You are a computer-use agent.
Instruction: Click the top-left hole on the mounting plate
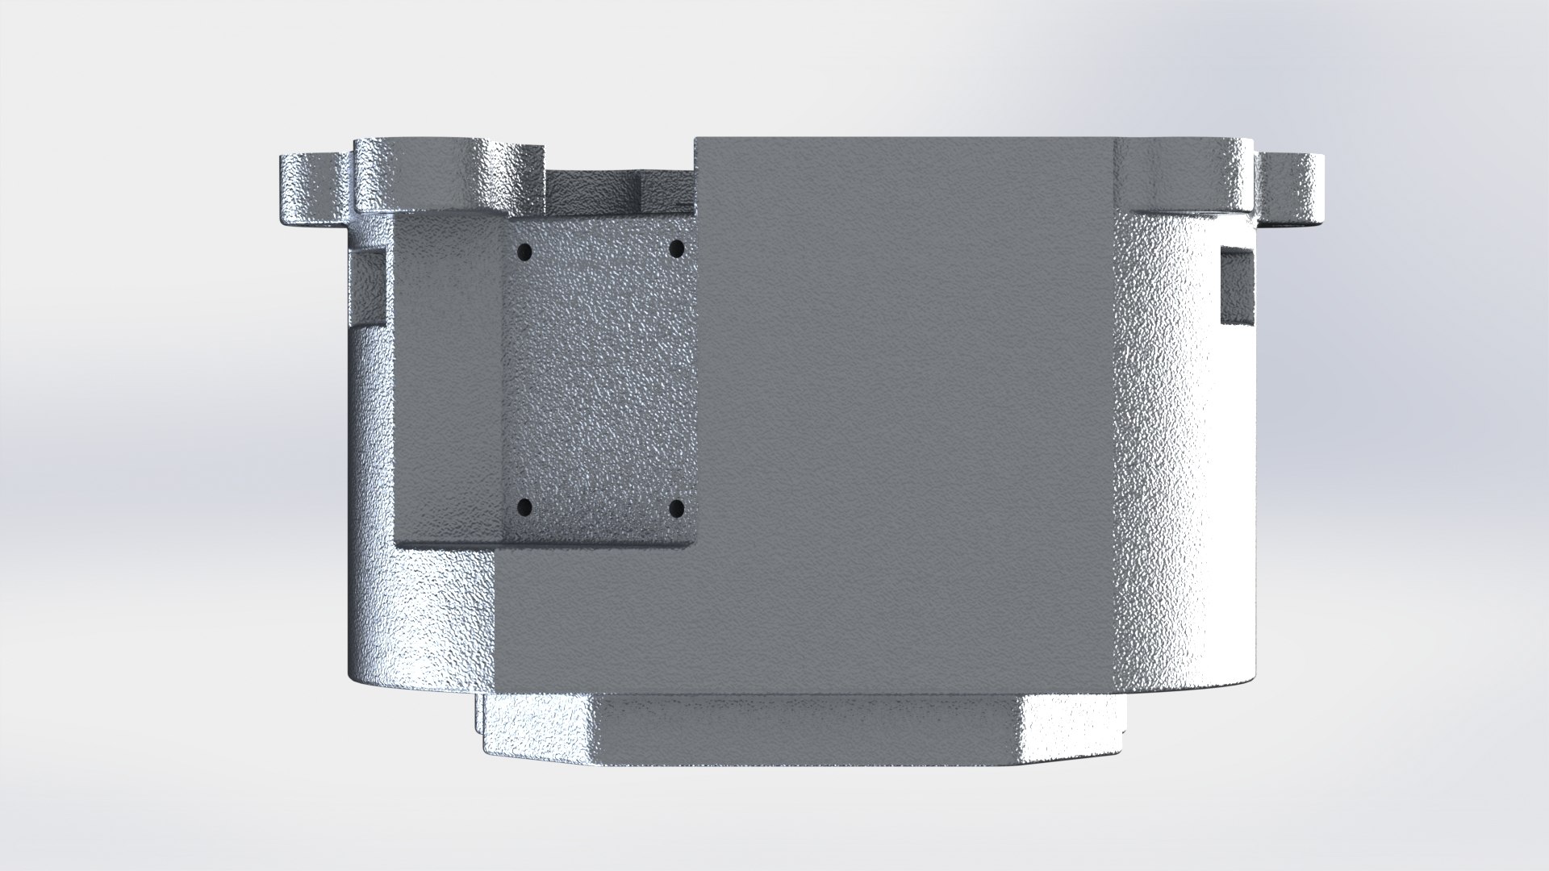pyautogui.click(x=525, y=252)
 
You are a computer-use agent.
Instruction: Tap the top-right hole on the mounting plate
pyautogui.click(x=677, y=247)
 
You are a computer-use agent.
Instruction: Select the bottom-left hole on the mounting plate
pyautogui.click(x=524, y=508)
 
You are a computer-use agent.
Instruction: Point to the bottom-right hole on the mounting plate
pyautogui.click(x=677, y=508)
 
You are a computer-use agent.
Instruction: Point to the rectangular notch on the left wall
pyautogui.click(x=367, y=286)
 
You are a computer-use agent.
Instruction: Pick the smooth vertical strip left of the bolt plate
pyautogui.click(x=448, y=379)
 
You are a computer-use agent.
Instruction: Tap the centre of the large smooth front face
pyautogui.click(x=904, y=403)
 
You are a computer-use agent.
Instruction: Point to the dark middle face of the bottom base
pyautogui.click(x=807, y=726)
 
